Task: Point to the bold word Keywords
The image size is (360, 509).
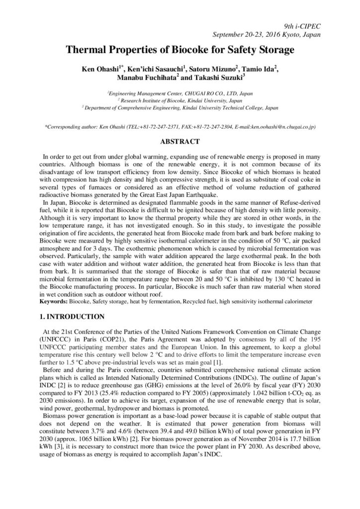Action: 53,301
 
